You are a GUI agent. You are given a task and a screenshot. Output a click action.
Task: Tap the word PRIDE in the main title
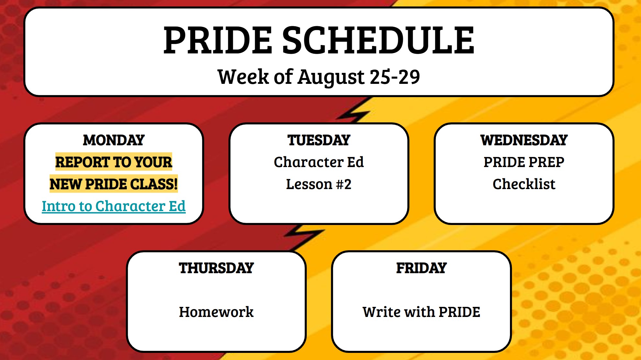tap(217, 40)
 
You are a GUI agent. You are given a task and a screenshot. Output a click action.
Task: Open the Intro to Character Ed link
tap(114, 206)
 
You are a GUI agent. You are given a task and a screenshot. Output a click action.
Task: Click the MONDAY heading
tap(114, 140)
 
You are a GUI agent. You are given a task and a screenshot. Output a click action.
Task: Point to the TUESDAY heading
tap(319, 140)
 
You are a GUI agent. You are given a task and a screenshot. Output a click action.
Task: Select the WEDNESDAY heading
tap(524, 140)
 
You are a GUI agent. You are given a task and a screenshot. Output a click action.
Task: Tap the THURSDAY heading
tap(216, 268)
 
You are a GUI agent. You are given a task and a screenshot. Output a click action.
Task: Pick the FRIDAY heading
tap(421, 268)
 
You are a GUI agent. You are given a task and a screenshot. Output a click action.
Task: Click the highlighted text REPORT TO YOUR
tap(114, 162)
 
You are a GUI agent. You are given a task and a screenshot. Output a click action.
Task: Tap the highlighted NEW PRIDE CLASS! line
tap(114, 184)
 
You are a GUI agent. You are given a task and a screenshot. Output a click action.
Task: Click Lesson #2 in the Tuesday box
tap(319, 184)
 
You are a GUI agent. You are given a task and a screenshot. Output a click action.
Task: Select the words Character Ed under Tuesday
tap(319, 162)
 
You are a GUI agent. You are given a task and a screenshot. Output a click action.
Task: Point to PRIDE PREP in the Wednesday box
tap(524, 162)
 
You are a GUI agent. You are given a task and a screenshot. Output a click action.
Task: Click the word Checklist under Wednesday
tap(524, 184)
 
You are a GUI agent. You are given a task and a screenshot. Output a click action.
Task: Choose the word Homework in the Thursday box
tap(216, 312)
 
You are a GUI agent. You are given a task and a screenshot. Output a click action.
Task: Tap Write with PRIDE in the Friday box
tap(421, 312)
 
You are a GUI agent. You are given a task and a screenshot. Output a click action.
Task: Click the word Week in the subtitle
tap(243, 77)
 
